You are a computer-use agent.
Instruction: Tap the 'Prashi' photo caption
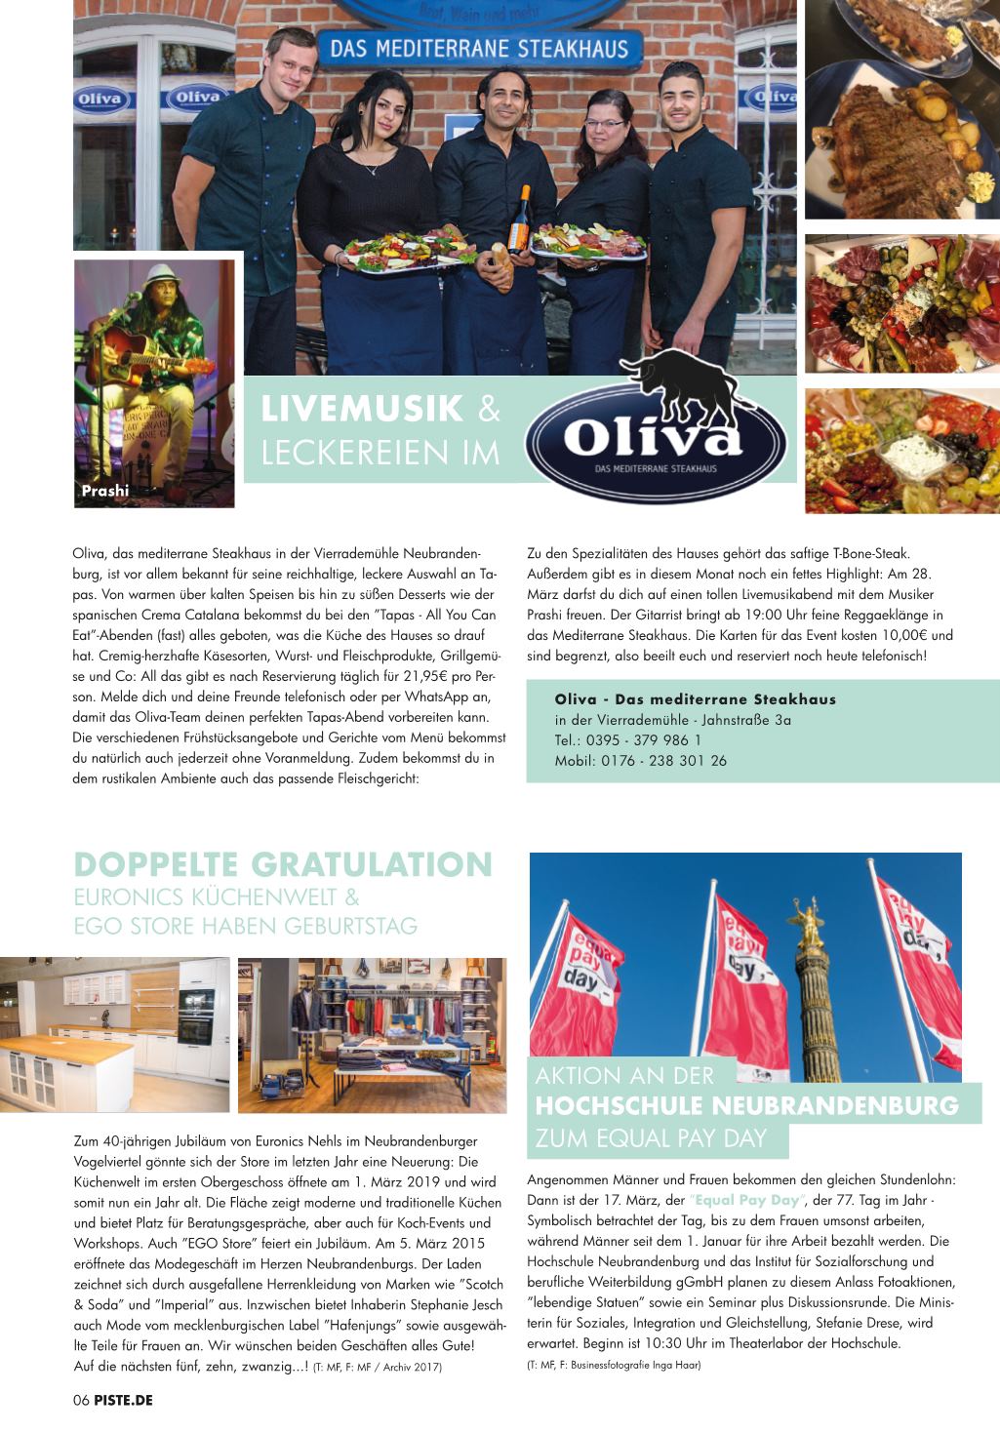104,491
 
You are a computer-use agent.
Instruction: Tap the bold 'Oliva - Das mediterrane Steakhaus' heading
695,698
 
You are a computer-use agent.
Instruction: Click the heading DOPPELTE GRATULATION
284,865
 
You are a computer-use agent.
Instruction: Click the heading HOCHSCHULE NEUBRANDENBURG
747,1106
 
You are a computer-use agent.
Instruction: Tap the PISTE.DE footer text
124,1400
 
